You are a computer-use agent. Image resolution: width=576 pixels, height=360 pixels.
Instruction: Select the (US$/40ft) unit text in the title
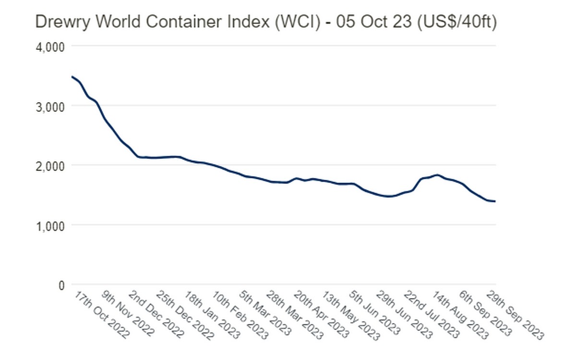click(457, 22)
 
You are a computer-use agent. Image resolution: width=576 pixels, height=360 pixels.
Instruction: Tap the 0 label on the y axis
click(60, 285)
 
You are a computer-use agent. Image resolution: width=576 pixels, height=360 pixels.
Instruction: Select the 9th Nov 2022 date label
click(129, 313)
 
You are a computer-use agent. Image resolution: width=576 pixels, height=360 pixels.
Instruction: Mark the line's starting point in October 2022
click(72, 77)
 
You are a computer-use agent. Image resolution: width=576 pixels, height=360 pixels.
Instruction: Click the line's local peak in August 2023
click(437, 175)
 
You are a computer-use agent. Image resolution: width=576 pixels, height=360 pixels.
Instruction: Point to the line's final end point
click(495, 201)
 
